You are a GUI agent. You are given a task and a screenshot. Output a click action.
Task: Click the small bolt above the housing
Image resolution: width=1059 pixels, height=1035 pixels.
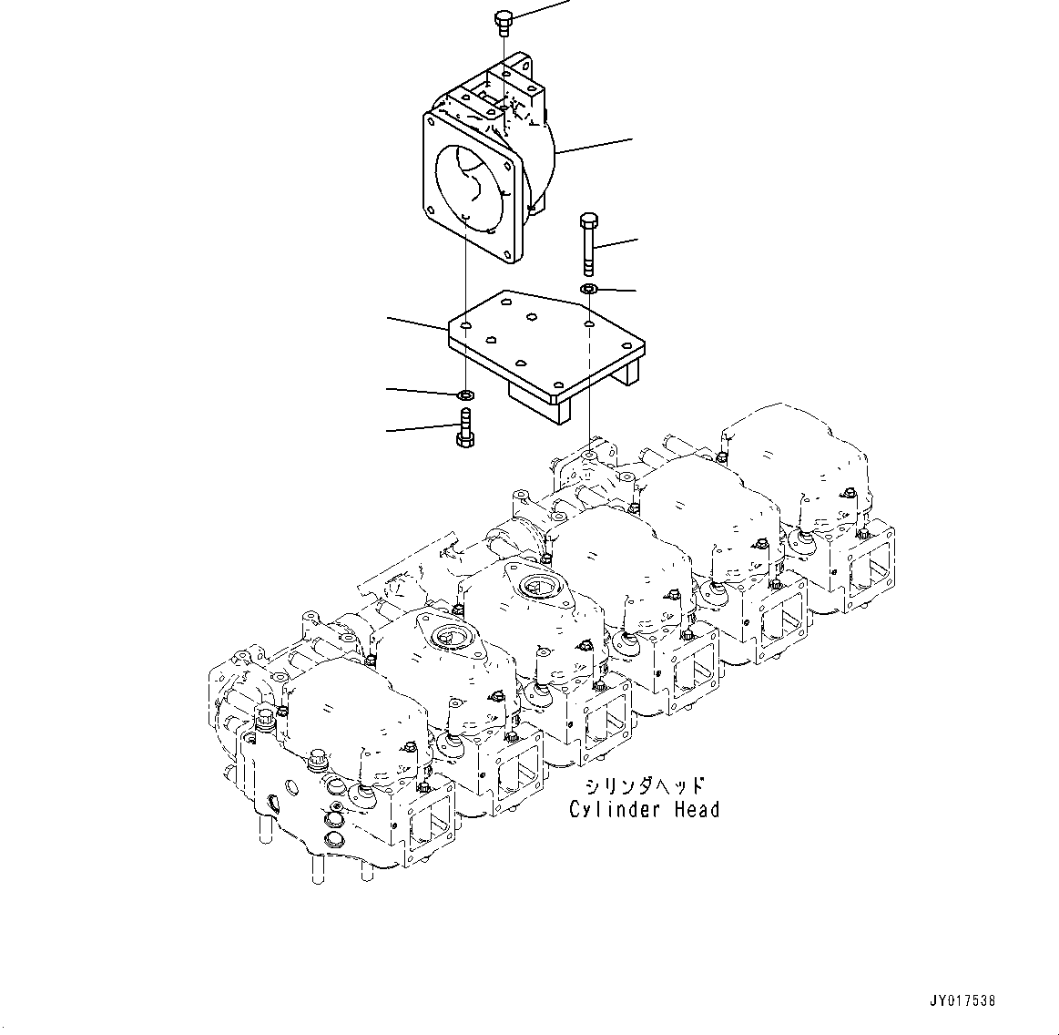pos(504,21)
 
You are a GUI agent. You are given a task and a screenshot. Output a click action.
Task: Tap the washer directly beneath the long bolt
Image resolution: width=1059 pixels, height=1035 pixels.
pos(588,290)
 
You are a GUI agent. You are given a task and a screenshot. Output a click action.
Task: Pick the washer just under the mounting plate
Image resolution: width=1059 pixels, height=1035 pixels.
pos(465,395)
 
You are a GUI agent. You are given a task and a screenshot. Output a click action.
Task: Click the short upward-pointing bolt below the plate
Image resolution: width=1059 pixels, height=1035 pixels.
pos(464,429)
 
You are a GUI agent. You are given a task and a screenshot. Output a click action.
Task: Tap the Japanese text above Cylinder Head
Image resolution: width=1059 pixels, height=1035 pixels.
pos(644,785)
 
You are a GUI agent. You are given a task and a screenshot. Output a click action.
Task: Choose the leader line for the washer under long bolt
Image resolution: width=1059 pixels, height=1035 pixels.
pos(616,291)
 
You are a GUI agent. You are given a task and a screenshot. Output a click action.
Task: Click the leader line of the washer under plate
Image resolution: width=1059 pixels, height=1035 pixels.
pos(421,392)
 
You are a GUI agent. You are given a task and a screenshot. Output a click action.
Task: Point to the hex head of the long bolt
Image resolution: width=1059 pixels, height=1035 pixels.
pos(588,221)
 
